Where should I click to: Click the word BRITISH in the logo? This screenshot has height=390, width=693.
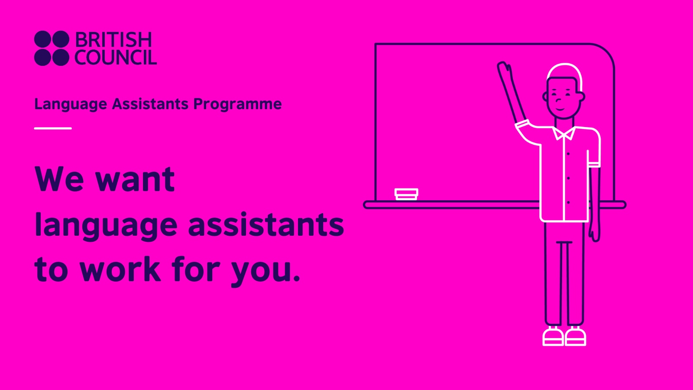click(x=113, y=40)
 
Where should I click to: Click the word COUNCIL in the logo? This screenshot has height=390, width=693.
click(x=115, y=58)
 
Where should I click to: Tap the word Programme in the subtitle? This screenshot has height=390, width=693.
click(x=237, y=104)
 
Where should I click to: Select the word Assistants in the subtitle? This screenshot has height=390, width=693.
click(x=150, y=104)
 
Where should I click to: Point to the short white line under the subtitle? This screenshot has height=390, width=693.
click(x=53, y=128)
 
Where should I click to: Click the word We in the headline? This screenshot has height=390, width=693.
click(x=59, y=179)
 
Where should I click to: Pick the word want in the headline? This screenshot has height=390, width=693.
click(x=135, y=180)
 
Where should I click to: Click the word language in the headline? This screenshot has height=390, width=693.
click(x=106, y=225)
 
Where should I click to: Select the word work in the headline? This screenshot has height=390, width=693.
click(x=121, y=270)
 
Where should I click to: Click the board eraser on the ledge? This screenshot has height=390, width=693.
click(x=406, y=194)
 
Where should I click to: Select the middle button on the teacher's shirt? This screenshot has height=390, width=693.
click(x=568, y=178)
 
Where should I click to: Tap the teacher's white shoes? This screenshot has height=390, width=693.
click(x=564, y=337)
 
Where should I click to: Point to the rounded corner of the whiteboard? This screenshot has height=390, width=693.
click(x=604, y=54)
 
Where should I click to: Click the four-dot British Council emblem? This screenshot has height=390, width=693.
click(x=52, y=48)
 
